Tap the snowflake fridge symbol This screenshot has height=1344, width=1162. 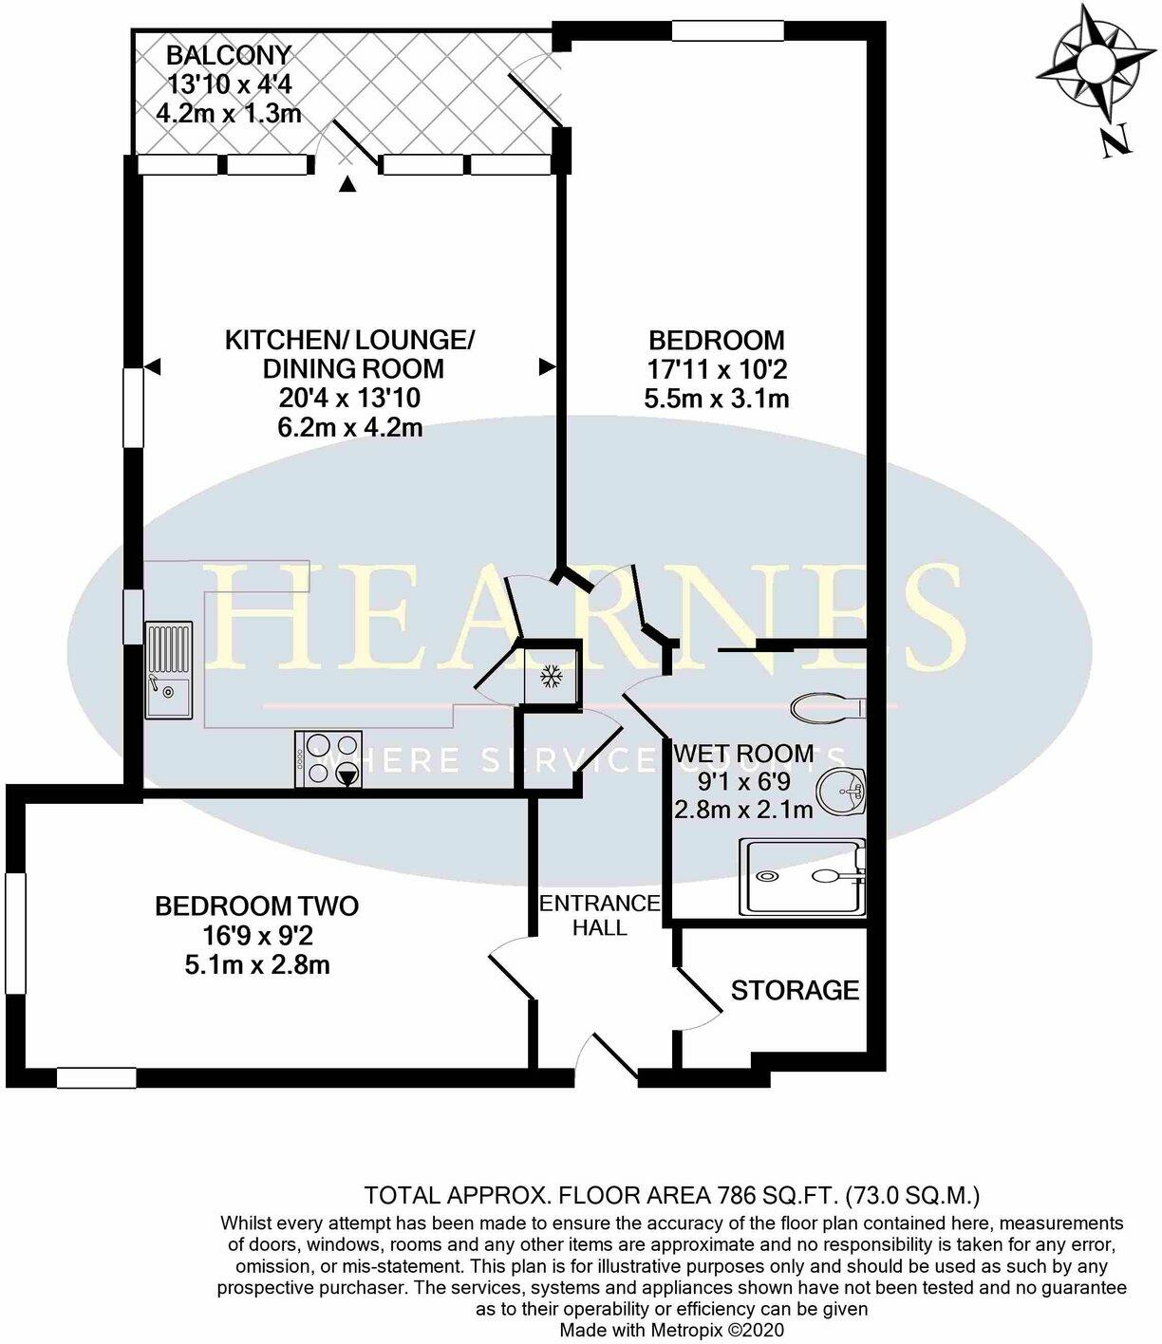(x=550, y=677)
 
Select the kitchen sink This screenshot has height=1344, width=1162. (x=168, y=670)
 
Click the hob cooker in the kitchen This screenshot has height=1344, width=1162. (x=329, y=758)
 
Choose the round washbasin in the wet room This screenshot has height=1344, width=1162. (x=841, y=792)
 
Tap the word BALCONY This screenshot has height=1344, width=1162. (x=229, y=55)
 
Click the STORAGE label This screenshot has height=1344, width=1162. (x=795, y=991)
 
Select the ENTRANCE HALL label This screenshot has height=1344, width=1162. (x=599, y=915)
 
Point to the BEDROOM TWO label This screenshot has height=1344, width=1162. (x=256, y=906)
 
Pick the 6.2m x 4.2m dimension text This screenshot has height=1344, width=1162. (x=349, y=427)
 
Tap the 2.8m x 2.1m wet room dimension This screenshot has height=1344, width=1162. (x=743, y=810)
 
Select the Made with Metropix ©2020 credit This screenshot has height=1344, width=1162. (x=672, y=1331)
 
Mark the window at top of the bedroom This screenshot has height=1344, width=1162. (x=728, y=31)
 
